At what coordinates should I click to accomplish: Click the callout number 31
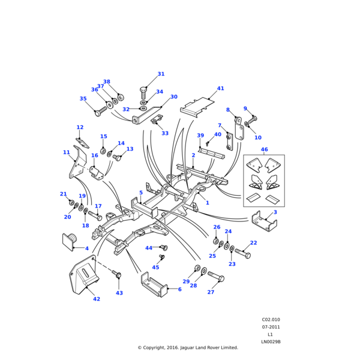tap(161, 74)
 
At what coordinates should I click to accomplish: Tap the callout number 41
tap(220, 89)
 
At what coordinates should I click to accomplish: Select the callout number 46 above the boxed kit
tap(264, 149)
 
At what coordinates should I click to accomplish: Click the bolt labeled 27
tap(215, 278)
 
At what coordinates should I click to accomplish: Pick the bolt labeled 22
tap(243, 254)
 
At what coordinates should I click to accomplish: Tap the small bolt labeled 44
tap(164, 247)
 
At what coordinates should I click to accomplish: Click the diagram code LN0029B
tap(271, 342)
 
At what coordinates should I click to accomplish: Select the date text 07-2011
tap(271, 327)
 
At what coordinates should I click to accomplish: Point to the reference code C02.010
tap(271, 320)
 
